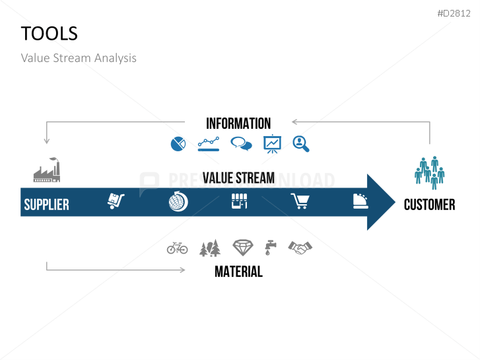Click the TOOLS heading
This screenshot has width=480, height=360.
[50, 34]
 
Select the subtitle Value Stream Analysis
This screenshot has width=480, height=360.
[79, 58]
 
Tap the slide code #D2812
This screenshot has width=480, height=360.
[454, 13]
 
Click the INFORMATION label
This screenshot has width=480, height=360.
[238, 124]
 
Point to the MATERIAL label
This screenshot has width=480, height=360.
[239, 271]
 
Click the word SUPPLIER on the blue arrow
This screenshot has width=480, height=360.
[46, 205]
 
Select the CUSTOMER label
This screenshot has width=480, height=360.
[429, 205]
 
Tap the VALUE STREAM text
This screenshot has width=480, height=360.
[238, 178]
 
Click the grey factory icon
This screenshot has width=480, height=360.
[47, 170]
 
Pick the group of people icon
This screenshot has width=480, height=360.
[429, 172]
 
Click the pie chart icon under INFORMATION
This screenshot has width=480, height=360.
[178, 144]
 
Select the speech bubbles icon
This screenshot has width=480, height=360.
[241, 143]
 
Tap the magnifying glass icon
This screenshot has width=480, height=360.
[301, 144]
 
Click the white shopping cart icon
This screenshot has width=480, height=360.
[300, 201]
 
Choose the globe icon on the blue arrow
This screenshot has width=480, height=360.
[178, 201]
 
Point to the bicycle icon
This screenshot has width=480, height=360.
[177, 248]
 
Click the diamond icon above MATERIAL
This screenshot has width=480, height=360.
[243, 248]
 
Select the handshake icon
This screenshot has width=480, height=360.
[300, 248]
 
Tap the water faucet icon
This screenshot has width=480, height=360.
[270, 248]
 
